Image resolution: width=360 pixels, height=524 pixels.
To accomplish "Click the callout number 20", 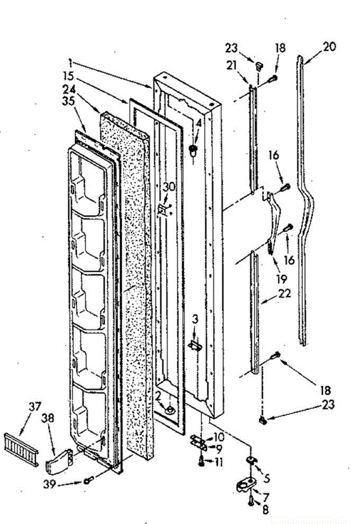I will tap(330, 46).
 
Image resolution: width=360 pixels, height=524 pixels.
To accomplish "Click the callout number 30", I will tap(169, 187).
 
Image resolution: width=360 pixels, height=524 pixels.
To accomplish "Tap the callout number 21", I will tap(232, 65).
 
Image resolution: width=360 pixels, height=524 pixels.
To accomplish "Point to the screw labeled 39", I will tap(88, 481).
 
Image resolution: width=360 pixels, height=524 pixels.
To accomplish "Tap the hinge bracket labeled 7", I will tap(246, 485).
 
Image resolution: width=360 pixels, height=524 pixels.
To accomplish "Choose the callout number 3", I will tap(195, 320).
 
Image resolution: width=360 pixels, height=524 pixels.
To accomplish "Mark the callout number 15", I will tap(68, 75).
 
